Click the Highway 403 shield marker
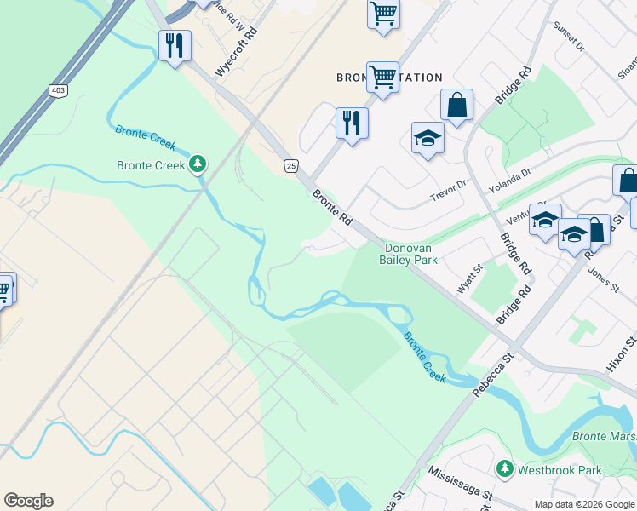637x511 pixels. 58,89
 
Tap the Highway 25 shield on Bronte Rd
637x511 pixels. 291,166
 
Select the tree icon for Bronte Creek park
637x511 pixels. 198,163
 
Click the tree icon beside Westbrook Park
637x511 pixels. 504,469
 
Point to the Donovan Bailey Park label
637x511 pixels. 409,253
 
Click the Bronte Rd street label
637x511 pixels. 332,208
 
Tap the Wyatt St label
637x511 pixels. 469,278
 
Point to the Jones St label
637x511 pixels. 603,278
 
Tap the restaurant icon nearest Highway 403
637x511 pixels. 175,44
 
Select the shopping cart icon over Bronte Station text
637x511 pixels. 382,78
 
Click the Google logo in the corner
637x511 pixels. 28,501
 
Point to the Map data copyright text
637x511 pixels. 583,504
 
